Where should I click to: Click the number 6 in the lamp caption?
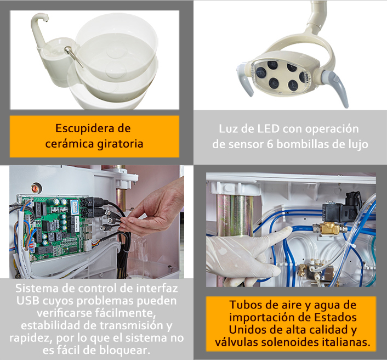tap(270, 144)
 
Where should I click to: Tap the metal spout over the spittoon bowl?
tap(73, 57)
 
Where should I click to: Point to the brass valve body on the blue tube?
tap(328, 228)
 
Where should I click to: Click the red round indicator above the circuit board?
tap(36, 188)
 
